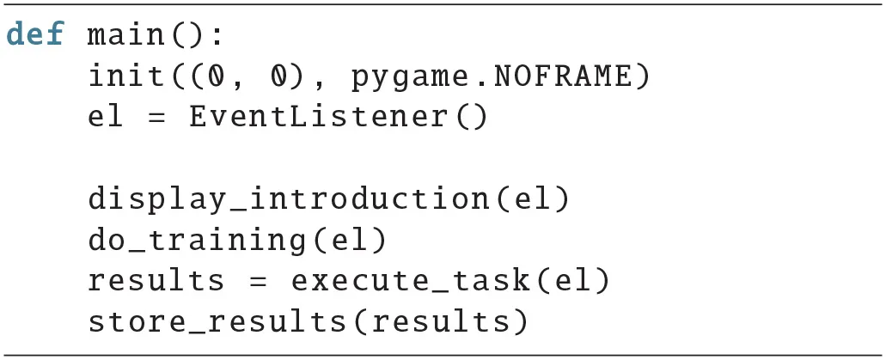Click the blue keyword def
point(35,34)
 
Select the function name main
point(126,35)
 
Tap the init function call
point(126,76)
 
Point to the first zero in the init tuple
point(217,76)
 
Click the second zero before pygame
point(278,76)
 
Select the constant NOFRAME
point(563,76)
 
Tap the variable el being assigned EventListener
point(106,117)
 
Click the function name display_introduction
point(289,199)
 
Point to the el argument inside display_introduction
point(532,199)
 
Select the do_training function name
point(197,241)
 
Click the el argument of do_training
point(349,241)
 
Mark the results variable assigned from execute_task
point(156,281)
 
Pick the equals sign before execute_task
point(258,282)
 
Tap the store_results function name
point(217,322)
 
